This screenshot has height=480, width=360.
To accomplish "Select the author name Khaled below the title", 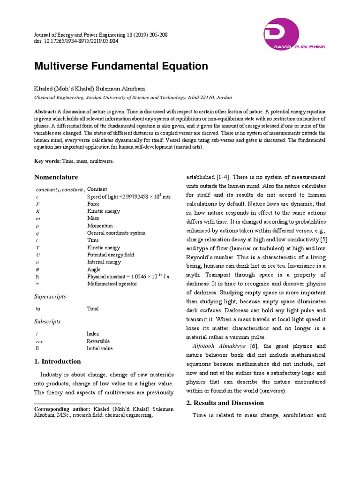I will coord(45,89).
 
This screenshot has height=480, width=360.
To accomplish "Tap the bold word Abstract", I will coord(45,111).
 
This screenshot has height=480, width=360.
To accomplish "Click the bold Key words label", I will coord(47,161).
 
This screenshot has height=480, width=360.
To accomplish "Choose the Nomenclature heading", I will coord(56,177).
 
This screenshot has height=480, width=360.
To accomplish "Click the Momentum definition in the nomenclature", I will coord(100,225).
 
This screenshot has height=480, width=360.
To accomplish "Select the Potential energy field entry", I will coord(111,255).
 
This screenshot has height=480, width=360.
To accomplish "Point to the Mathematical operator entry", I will coord(112,284).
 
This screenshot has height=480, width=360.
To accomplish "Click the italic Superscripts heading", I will coord(50,297).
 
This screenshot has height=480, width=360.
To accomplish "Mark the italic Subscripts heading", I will coord(47,322).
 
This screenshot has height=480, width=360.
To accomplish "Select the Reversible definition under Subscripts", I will coord(98,341).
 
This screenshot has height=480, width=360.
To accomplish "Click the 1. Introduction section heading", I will coord(58,361).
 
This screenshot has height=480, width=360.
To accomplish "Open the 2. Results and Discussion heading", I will coord(225,403).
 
